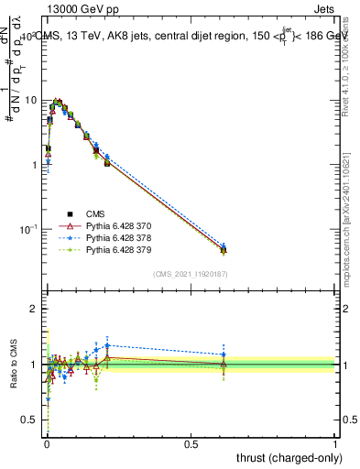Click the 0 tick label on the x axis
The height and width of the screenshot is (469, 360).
pyautogui.click(x=47, y=443)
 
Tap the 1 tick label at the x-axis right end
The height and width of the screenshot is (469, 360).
pyautogui.click(x=334, y=443)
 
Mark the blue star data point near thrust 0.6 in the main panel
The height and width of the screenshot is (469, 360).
pyautogui.click(x=224, y=245)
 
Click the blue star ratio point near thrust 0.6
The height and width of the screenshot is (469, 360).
pyautogui.click(x=224, y=354)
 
